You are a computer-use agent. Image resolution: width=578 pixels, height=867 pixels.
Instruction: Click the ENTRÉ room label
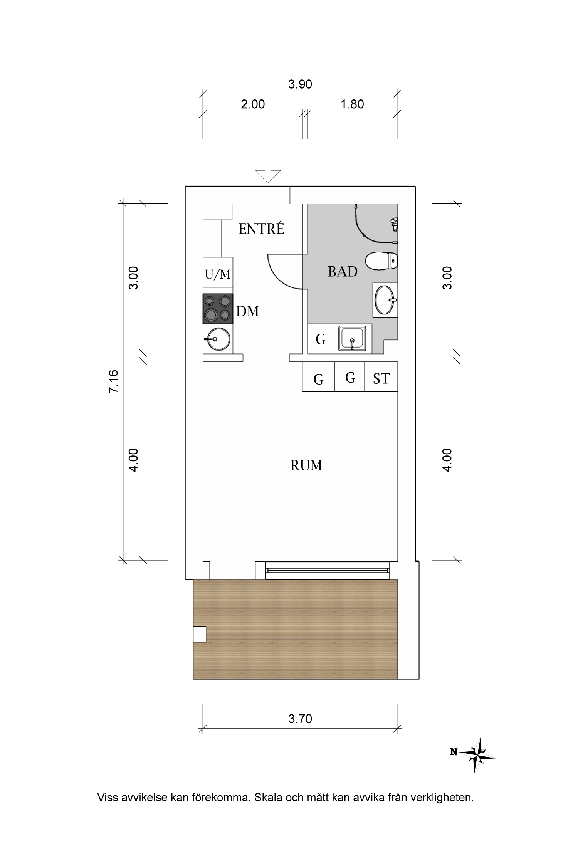tap(261, 229)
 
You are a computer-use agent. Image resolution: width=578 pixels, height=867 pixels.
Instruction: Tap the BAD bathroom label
tap(343, 272)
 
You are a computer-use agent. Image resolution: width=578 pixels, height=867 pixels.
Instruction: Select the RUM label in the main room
tap(306, 465)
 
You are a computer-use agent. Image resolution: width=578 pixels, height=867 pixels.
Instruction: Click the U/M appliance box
tap(218, 272)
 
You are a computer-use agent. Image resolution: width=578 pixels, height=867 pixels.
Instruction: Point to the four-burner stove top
tap(218, 309)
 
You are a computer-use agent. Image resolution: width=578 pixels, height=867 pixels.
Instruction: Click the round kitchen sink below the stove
tap(217, 339)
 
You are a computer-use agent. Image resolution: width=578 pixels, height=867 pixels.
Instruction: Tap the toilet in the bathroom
tap(381, 261)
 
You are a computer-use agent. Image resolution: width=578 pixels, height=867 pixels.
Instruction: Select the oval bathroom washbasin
tap(385, 300)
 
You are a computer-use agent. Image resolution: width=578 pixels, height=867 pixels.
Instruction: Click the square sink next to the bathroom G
tap(352, 339)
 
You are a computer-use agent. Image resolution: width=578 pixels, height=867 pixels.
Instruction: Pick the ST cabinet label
tap(381, 379)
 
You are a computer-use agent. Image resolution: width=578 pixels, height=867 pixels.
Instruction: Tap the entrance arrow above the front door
tap(268, 174)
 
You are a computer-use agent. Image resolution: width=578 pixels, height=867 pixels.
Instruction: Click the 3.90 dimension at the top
tap(300, 84)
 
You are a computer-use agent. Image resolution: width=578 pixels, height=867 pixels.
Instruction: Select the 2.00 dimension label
tap(253, 104)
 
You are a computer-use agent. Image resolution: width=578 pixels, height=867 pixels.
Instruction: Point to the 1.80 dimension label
tap(352, 104)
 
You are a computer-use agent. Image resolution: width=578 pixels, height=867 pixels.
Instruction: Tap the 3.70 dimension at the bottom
tap(300, 719)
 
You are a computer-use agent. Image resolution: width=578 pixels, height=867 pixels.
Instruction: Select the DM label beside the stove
tap(247, 311)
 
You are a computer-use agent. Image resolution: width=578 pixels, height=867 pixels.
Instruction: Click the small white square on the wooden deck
tap(199, 634)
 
